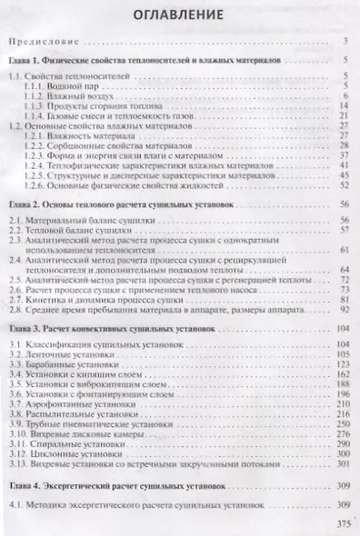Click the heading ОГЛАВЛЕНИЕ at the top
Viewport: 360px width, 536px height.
pyautogui.click(x=178, y=17)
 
